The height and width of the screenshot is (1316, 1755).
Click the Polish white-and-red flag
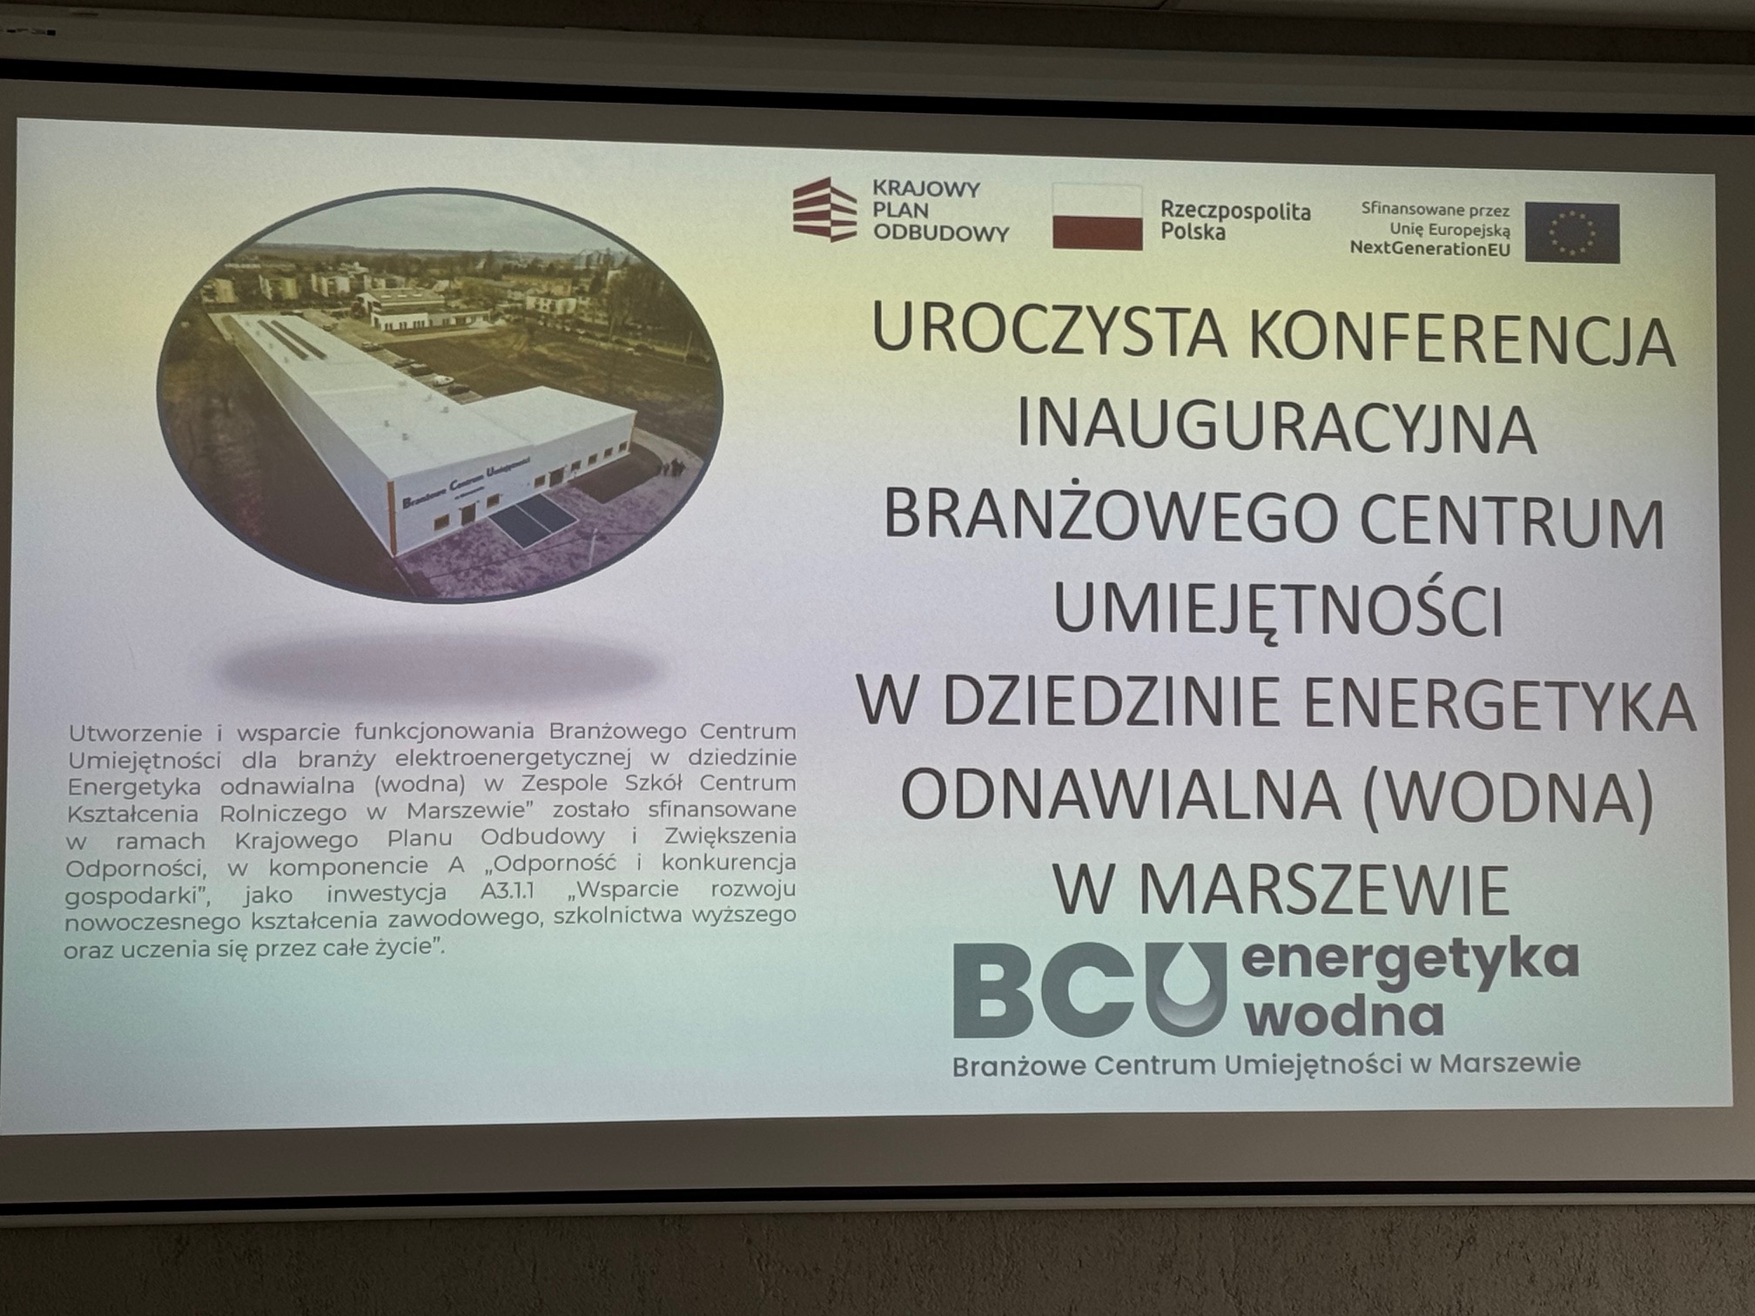(1097, 217)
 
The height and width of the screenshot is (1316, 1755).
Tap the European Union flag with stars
(1572, 232)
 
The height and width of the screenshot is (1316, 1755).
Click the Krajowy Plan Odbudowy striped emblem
(824, 209)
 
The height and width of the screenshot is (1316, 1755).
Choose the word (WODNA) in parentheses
(1507, 796)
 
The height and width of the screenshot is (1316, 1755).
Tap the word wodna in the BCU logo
(1345, 1015)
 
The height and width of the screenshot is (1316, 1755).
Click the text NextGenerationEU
(1429, 249)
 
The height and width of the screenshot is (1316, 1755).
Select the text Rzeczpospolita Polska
(1234, 220)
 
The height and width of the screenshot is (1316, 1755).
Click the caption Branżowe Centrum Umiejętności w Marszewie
(1266, 1064)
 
